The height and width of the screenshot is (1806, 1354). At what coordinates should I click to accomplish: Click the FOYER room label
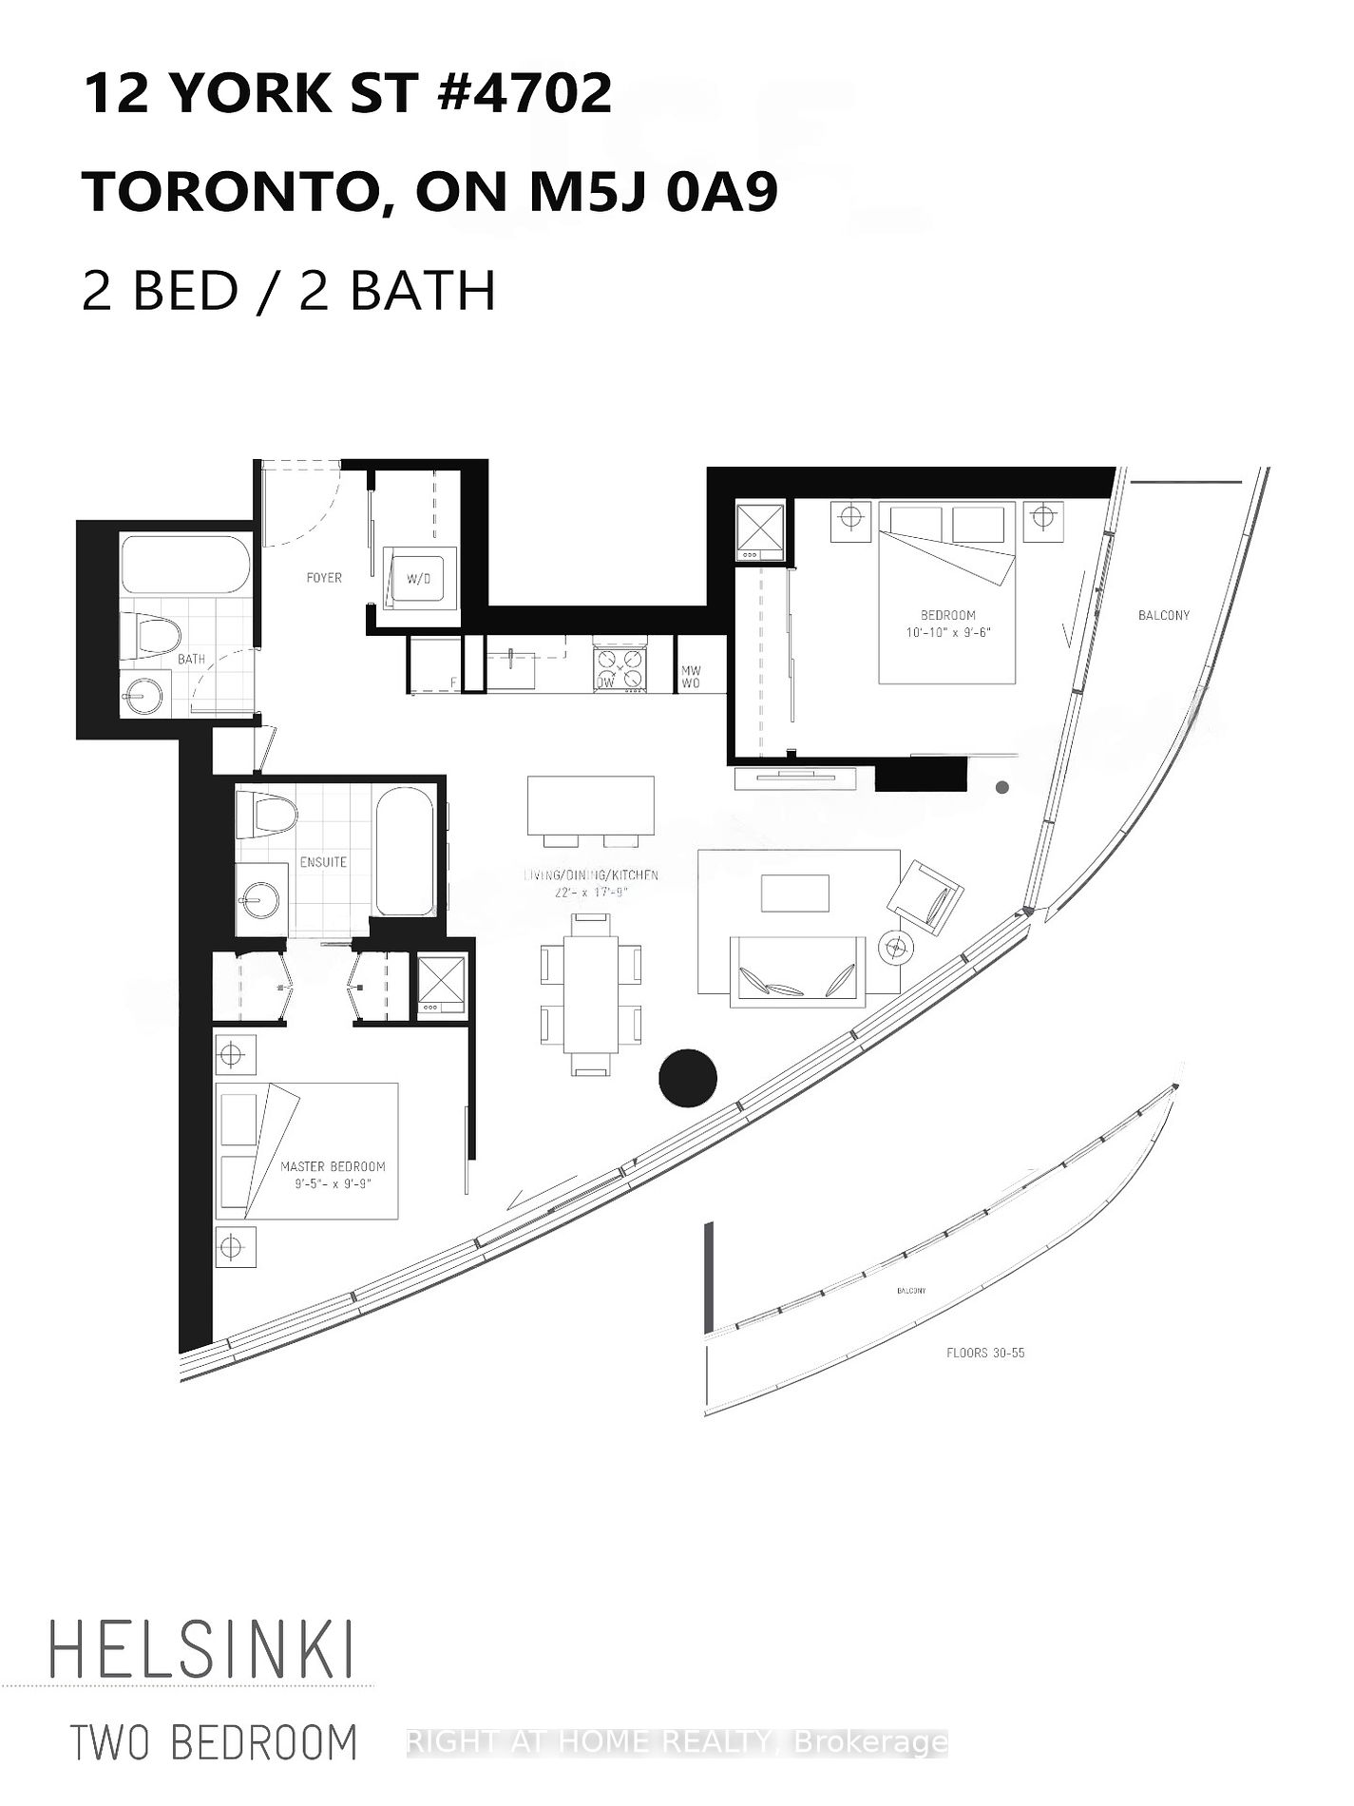pos(324,577)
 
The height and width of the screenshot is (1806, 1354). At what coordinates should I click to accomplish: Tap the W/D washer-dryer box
pos(413,577)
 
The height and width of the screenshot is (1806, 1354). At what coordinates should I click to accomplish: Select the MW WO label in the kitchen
pos(691,677)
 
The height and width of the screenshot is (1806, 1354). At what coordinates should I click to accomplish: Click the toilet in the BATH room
pos(152,634)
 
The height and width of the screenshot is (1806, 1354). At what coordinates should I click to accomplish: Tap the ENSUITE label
pos(323,862)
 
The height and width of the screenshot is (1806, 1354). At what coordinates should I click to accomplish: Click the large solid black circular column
pos(688,1077)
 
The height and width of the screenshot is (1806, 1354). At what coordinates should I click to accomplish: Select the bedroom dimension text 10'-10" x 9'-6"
pos(948,632)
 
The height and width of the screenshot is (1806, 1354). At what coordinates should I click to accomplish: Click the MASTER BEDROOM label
pos(333,1166)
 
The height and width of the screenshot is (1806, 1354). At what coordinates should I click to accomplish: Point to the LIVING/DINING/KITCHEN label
pos(591,874)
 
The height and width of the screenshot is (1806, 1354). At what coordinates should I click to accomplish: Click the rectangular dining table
pos(590,994)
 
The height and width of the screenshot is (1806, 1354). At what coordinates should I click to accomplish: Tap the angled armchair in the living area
pos(925,895)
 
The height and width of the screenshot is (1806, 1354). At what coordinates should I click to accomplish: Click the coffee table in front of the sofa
pos(795,893)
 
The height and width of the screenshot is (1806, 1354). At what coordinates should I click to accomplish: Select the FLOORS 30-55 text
pos(985,1353)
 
